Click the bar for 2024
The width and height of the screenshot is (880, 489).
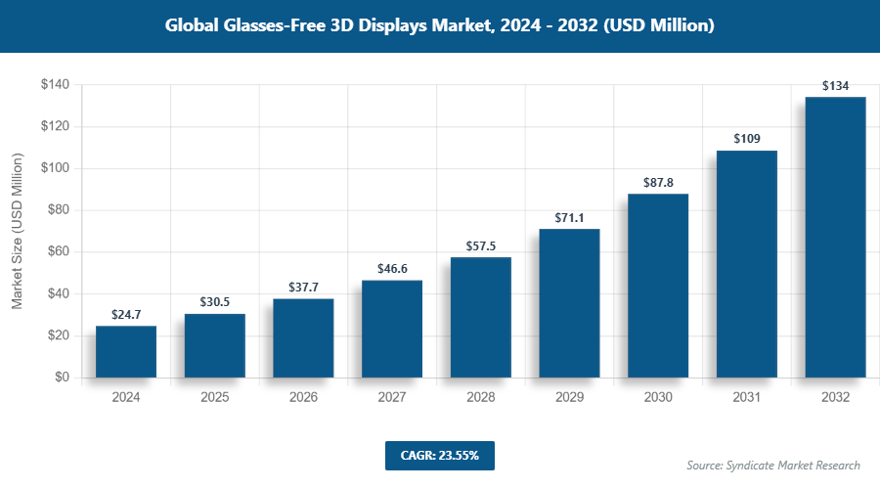click(x=126, y=352)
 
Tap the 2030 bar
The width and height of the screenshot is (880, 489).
click(x=658, y=286)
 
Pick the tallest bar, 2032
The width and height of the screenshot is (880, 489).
click(x=835, y=238)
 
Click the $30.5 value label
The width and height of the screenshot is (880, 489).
click(x=214, y=302)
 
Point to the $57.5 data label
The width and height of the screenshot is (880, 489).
click(x=480, y=245)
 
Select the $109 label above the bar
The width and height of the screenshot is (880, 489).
click(x=746, y=138)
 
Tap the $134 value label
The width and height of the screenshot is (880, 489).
click(x=835, y=86)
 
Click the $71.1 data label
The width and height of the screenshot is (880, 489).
click(x=569, y=217)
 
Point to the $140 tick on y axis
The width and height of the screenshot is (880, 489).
click(x=54, y=85)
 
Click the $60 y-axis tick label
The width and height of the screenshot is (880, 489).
click(x=58, y=252)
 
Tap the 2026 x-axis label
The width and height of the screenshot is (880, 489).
click(x=303, y=398)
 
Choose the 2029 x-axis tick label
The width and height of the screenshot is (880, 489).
click(x=569, y=398)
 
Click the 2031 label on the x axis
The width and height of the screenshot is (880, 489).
click(x=746, y=398)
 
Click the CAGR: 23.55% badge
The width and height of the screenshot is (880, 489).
click(x=439, y=455)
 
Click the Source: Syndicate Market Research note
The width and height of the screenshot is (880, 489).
click(x=772, y=465)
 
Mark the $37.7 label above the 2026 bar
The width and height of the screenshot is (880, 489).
click(x=303, y=287)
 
